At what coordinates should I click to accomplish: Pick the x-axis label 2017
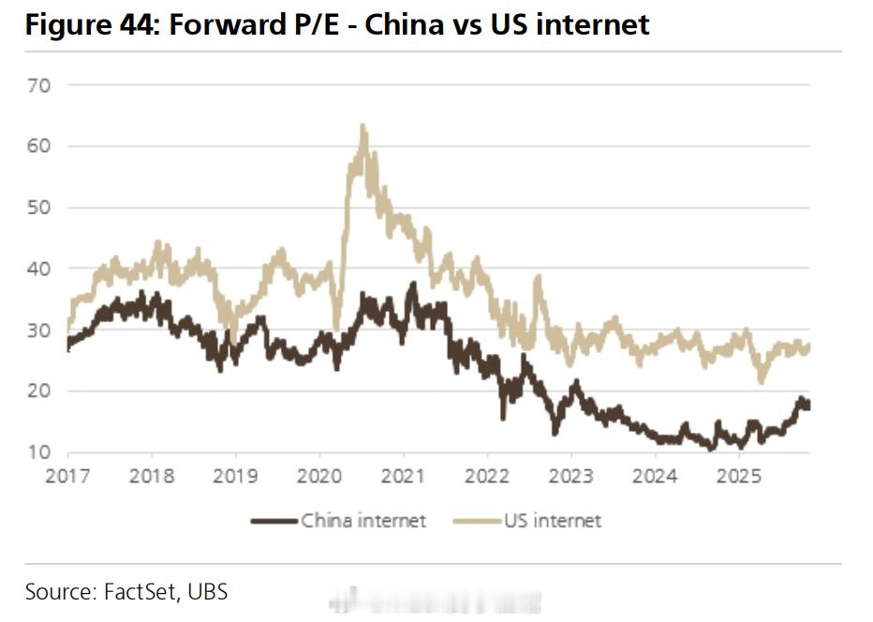67,476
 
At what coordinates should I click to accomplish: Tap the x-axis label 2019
235,476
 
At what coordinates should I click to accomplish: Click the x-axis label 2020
318,476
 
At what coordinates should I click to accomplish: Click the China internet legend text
363,521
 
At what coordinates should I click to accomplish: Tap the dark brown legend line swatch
274,521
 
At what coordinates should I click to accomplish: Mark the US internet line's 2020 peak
362,126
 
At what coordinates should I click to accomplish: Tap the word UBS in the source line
207,592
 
